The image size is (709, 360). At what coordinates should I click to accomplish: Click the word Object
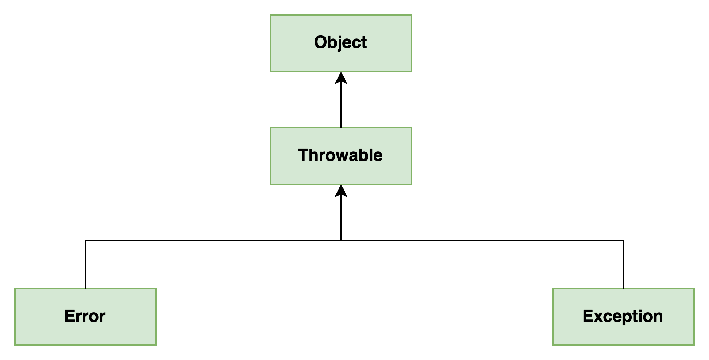(x=340, y=43)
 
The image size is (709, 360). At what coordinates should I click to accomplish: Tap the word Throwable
(x=340, y=155)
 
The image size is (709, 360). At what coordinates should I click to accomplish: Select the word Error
(x=85, y=316)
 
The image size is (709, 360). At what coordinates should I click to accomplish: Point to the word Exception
(x=623, y=316)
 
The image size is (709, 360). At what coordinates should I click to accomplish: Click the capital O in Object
(x=321, y=42)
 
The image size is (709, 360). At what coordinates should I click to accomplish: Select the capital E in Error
(x=69, y=316)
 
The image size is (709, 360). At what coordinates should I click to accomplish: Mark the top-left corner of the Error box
(x=15, y=289)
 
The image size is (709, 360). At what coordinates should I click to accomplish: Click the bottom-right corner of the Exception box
(x=694, y=345)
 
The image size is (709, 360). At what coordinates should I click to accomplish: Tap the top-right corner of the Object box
(x=412, y=15)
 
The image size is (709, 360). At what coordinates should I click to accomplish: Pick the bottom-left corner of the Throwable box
(x=270, y=184)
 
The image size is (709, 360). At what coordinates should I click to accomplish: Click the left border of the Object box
(x=270, y=43)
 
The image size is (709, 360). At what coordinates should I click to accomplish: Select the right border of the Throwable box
(x=412, y=156)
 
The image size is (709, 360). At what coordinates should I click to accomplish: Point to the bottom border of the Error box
(x=85, y=345)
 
